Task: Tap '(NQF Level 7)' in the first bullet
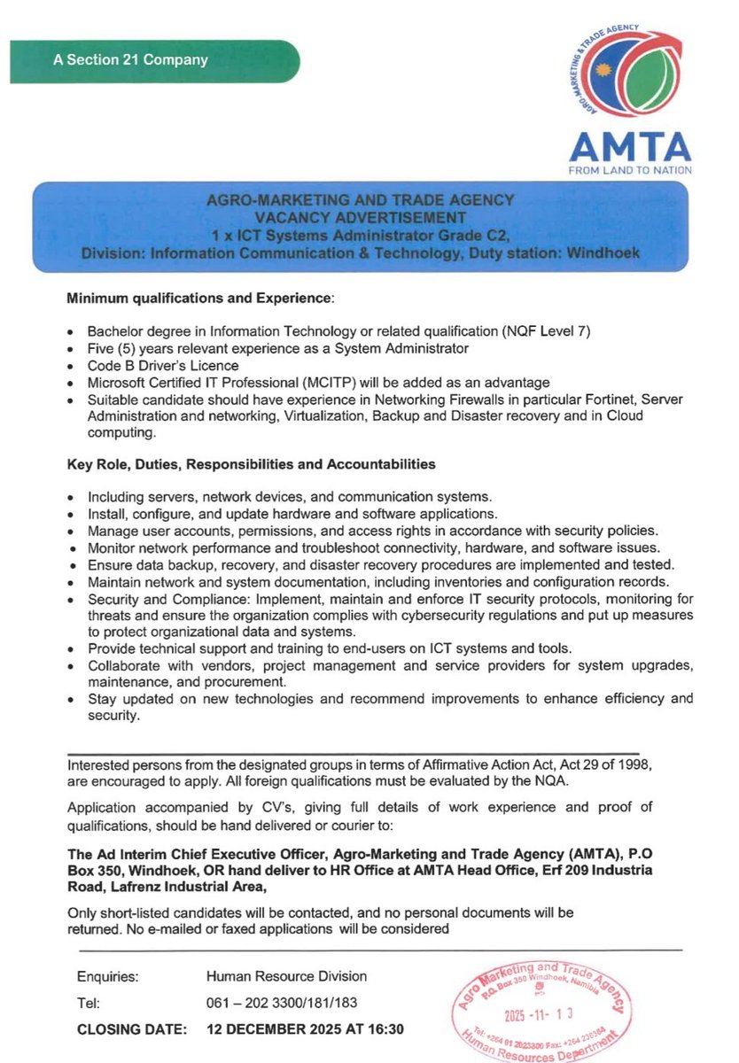548,331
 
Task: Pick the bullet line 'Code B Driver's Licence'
163,365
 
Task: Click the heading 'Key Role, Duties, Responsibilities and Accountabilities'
252,463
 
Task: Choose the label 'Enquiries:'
108,977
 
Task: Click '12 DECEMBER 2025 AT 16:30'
305,1030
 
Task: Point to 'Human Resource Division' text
286,977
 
